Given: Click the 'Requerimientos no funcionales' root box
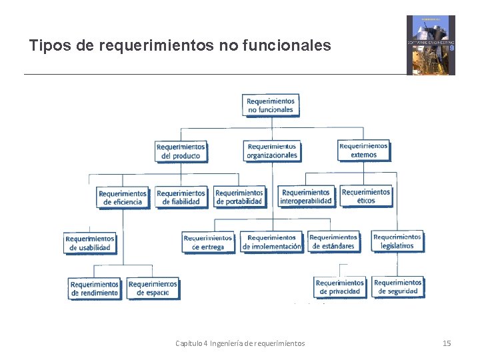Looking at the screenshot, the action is tap(270, 105).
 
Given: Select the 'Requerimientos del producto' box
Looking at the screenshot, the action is tap(181, 151).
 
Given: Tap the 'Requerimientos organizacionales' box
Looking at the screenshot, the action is tap(272, 151).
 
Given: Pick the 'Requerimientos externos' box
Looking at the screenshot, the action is tap(363, 151).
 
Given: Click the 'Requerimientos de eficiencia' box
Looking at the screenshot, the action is tap(123, 197).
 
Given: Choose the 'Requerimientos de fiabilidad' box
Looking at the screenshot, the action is tap(181, 197).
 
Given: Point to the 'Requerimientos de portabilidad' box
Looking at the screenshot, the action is tap(239, 197).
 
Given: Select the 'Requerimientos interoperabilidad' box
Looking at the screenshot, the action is tap(306, 197).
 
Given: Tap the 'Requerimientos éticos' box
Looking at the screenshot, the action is tap(366, 196).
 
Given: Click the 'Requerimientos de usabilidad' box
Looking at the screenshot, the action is tap(90, 243).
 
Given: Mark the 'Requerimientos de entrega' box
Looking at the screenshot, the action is tap(208, 242).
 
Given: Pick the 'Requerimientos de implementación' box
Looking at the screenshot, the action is tap(272, 242).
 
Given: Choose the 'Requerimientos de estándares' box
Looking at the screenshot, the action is tap(333, 241).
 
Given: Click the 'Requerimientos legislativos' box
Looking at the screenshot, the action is tap(397, 241).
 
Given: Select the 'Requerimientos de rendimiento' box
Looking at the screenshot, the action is tap(94, 289).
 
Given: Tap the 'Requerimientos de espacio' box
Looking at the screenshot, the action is tap(153, 288).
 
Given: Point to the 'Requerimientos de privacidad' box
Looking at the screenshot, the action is tap(340, 287).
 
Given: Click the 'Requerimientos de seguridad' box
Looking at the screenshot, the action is tap(398, 287).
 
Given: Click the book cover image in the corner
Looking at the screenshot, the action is tap(431, 45).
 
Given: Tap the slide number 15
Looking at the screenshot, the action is tap(447, 343).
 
